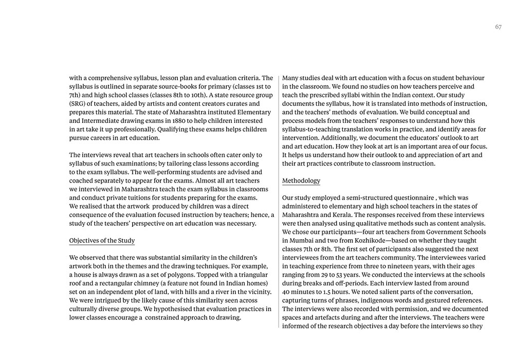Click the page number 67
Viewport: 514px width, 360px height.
click(x=498, y=27)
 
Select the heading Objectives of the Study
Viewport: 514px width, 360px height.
click(x=102, y=241)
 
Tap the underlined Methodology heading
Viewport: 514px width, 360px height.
click(x=301, y=181)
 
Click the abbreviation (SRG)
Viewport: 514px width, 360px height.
click(x=78, y=104)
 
